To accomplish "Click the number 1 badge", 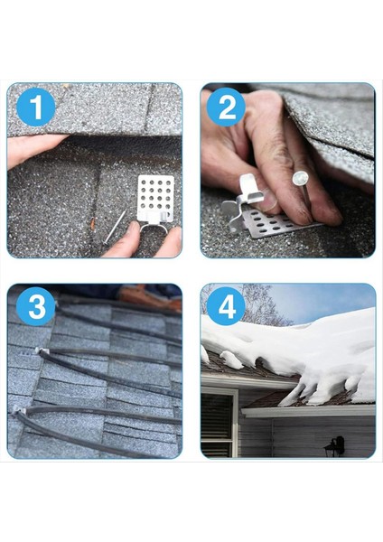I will coord(35,108).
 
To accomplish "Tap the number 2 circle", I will coord(226,107).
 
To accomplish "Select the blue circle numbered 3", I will coord(35,306).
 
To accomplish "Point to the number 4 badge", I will coord(226,306).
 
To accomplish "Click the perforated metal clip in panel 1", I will coord(154,199).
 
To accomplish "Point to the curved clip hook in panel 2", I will coord(244,194).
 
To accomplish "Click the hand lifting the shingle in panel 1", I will coord(32,149).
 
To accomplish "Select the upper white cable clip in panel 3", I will coord(41,351).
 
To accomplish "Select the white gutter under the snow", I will coord(307,410).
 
